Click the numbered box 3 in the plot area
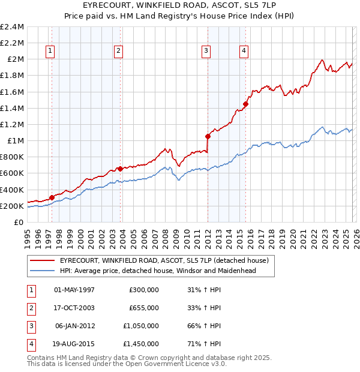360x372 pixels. pos(206,52)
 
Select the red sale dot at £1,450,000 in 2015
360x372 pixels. pos(245,104)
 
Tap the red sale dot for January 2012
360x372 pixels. pos(208,136)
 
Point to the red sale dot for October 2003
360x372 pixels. pos(121,169)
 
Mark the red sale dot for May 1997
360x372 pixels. pos(52,197)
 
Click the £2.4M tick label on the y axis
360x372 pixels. pos(12,27)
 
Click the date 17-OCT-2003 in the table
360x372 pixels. pos(74,307)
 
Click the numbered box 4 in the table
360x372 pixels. pos(30,344)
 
